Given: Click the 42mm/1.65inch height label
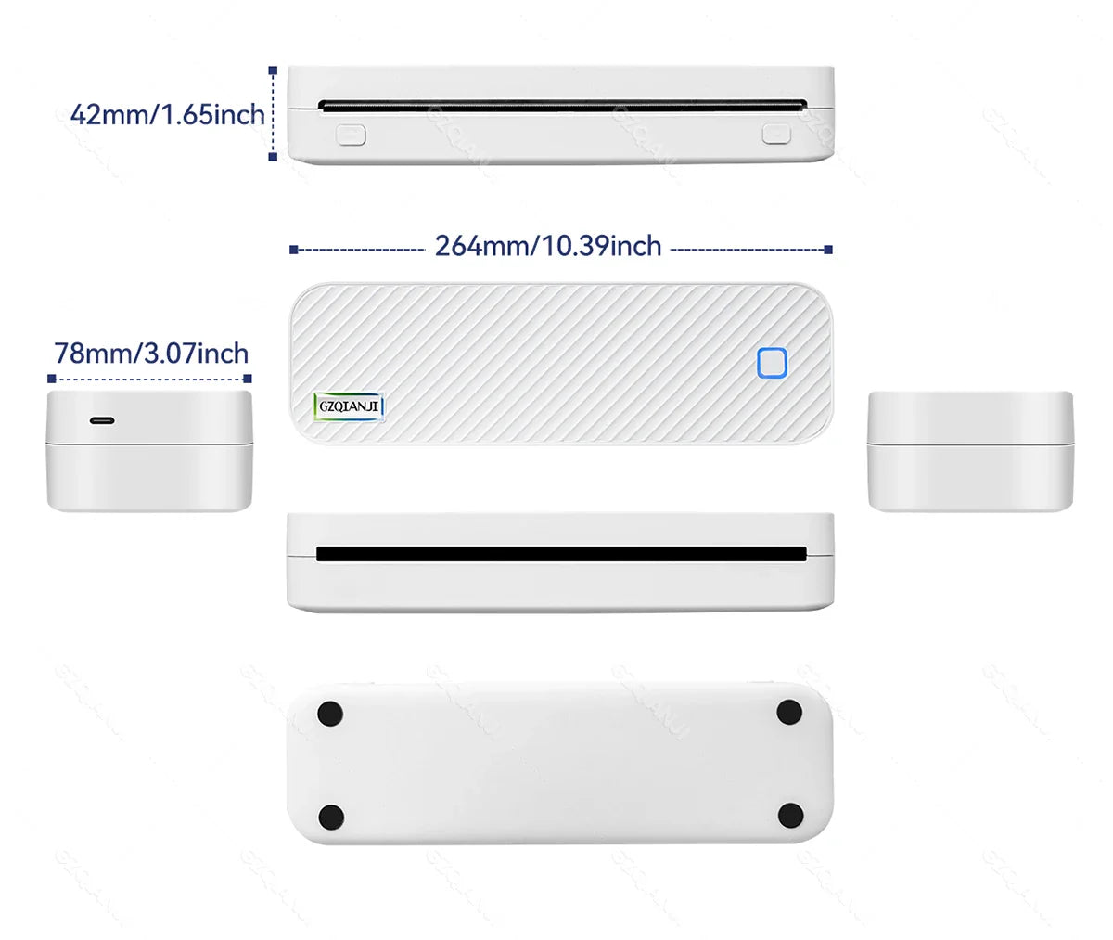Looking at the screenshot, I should click(168, 115).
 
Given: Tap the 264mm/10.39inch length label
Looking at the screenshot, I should click(548, 246).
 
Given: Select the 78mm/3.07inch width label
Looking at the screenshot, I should click(151, 354).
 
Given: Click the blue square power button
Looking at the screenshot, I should click(772, 363).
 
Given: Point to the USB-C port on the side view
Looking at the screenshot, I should click(102, 420).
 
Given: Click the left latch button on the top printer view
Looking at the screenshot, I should click(351, 135).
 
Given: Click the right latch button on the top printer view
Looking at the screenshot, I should click(777, 134).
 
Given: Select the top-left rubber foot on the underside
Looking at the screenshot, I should click(330, 714).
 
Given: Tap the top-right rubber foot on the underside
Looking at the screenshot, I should click(789, 713).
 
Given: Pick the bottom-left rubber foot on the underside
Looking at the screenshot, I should click(331, 818).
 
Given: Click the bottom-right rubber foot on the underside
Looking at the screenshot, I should click(790, 817).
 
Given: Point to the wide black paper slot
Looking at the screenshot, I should click(560, 554).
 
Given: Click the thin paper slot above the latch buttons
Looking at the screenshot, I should click(560, 105).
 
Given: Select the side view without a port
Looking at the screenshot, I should click(970, 450).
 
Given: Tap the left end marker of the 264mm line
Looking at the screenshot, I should click(293, 250).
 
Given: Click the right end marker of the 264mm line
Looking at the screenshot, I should click(828, 250).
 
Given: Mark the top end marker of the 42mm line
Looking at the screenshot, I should click(273, 70).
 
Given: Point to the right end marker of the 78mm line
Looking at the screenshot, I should click(248, 379).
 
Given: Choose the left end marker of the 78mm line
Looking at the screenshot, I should click(51, 379).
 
